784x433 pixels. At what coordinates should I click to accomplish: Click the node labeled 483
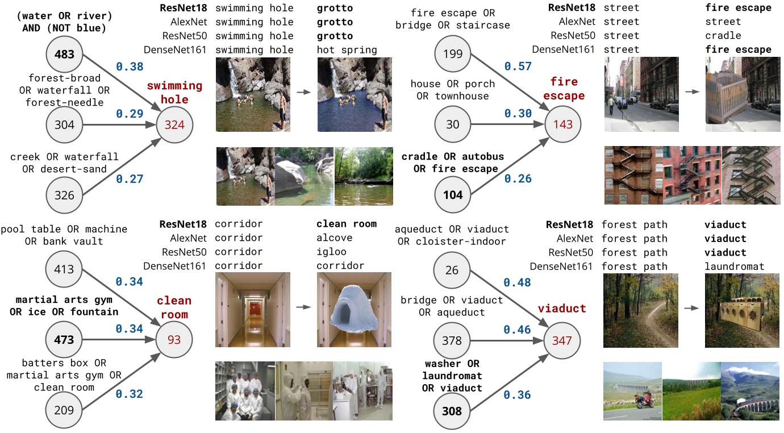64,55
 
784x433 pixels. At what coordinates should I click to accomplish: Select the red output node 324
174,125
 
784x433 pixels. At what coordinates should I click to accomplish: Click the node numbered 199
453,55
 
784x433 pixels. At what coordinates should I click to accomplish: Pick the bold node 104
453,195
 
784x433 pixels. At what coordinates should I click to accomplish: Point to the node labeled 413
64,269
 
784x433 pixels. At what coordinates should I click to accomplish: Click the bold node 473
64,340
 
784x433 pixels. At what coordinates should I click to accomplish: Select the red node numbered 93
174,340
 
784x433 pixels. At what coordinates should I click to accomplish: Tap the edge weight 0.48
518,282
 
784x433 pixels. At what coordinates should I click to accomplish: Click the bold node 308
453,411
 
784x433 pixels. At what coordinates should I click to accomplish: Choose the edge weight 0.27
130,179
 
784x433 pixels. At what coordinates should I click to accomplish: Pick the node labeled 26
453,269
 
